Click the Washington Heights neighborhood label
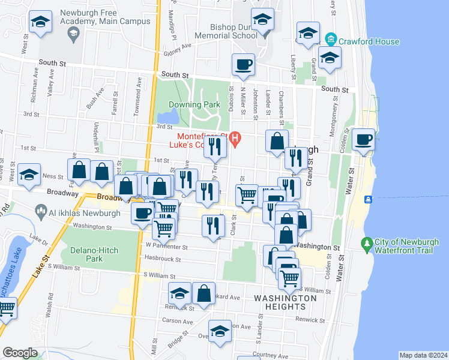(x=285, y=302)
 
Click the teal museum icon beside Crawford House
(x=330, y=41)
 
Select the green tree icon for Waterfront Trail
(x=366, y=244)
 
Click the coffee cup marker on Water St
(x=363, y=140)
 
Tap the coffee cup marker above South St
(x=243, y=65)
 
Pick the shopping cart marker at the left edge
(x=6, y=309)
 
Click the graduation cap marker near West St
(x=41, y=22)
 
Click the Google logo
(x=20, y=353)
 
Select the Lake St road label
(x=40, y=265)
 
